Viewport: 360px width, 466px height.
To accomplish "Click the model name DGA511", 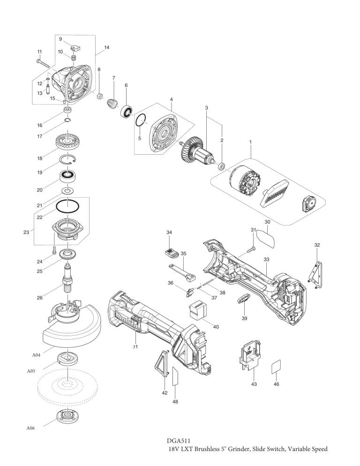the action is point(179,441).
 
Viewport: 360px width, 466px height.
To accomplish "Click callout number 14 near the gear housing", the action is point(107,47).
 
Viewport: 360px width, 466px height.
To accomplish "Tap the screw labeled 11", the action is point(44,63).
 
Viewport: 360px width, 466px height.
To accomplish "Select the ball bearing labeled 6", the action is point(126,111).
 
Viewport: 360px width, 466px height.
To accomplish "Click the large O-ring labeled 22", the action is point(67,206).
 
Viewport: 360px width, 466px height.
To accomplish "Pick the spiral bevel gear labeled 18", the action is point(67,142).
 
